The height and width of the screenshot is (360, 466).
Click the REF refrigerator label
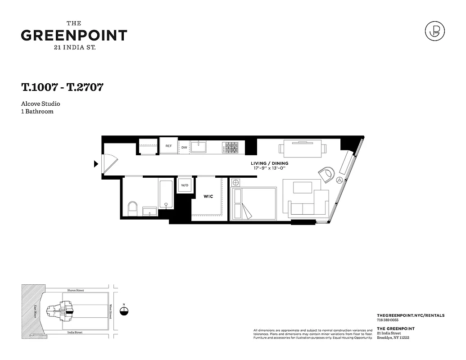[x=169, y=146]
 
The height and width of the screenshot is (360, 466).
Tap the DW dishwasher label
[x=184, y=147]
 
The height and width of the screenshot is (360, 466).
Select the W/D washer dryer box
[x=185, y=185]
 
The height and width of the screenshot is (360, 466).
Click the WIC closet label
[x=208, y=197]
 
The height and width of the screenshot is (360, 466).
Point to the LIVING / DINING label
[x=270, y=163]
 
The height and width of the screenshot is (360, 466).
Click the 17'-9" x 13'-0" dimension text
[x=270, y=168]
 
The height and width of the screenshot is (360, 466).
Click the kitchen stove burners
[x=231, y=147]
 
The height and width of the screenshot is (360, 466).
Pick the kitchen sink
[x=198, y=147]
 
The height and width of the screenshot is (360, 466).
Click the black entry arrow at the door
[x=95, y=164]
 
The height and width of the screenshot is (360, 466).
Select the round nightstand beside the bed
[x=235, y=183]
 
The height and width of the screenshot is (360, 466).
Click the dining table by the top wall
[x=302, y=148]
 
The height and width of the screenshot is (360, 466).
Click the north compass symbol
[x=124, y=311]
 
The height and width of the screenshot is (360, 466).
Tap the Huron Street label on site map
[x=75, y=291]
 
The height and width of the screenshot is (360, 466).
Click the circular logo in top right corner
[x=434, y=31]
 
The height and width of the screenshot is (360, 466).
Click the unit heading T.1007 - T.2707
[x=62, y=87]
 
